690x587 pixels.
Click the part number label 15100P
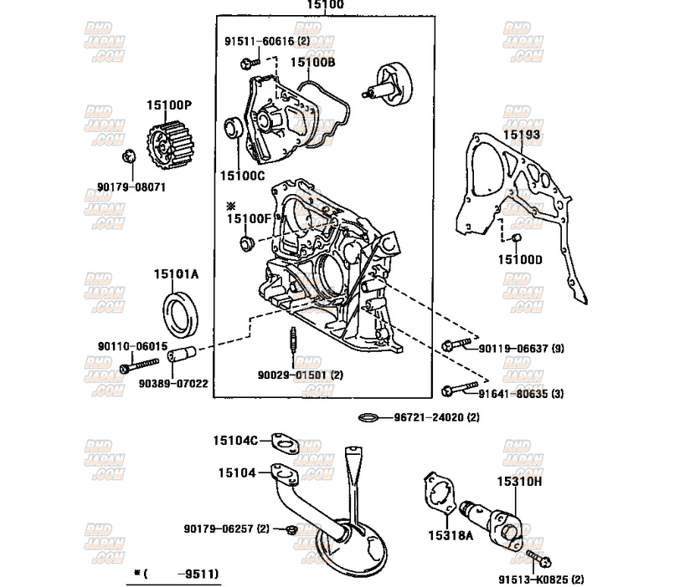coord(169,105)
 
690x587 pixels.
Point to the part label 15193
coord(521,135)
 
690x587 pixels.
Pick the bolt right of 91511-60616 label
coord(246,62)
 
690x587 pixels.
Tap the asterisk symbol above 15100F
coord(232,205)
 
